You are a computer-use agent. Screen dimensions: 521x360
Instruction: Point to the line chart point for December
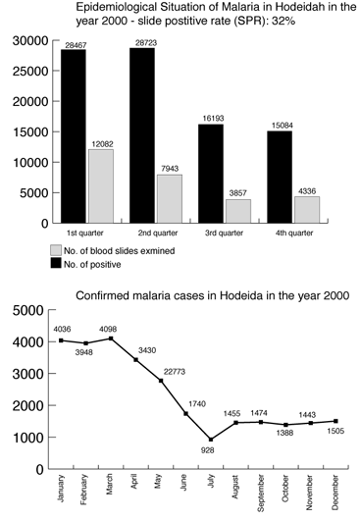[x=335, y=421]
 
